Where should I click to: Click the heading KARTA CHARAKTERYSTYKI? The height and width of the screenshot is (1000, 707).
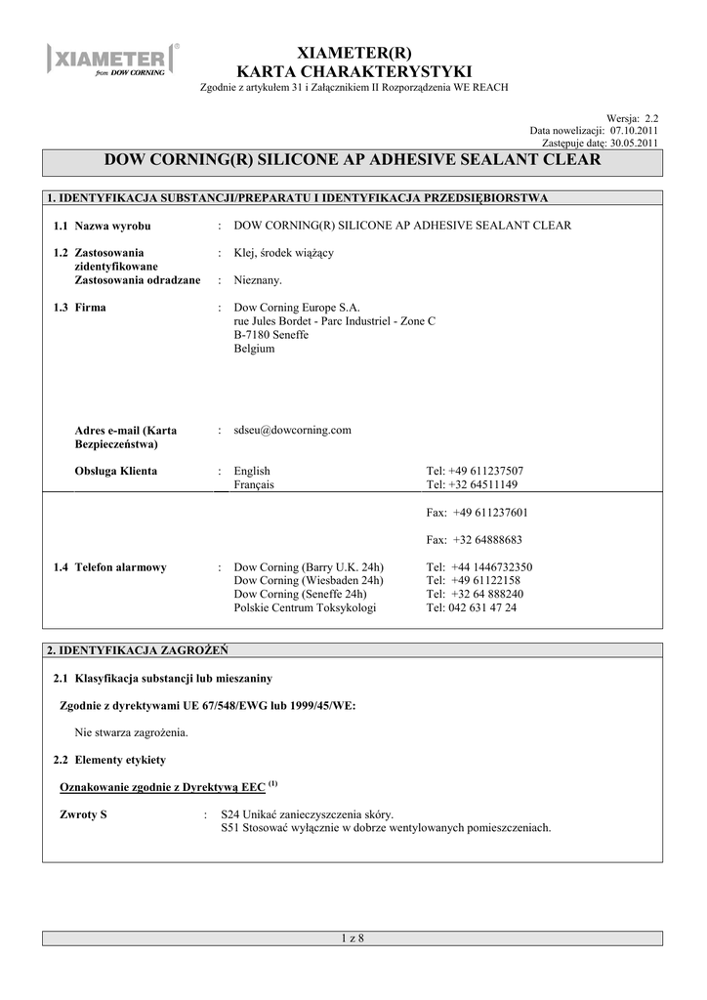point(353,71)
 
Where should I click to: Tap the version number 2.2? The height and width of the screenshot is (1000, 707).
point(650,117)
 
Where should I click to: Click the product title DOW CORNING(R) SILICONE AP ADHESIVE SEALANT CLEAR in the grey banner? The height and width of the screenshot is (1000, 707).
point(353,160)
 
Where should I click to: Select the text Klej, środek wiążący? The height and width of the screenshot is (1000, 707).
point(284,253)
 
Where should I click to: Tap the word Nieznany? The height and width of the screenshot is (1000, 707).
point(258,280)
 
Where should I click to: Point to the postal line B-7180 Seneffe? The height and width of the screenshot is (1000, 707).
point(271,335)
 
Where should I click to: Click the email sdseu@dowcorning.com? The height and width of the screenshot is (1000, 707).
point(293,430)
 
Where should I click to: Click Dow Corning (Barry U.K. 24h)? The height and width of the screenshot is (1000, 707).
point(310,566)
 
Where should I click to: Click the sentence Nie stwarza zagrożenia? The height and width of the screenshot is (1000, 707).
point(132,731)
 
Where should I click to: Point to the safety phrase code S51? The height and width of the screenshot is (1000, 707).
point(229,828)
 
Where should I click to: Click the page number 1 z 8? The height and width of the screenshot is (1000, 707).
point(353,938)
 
